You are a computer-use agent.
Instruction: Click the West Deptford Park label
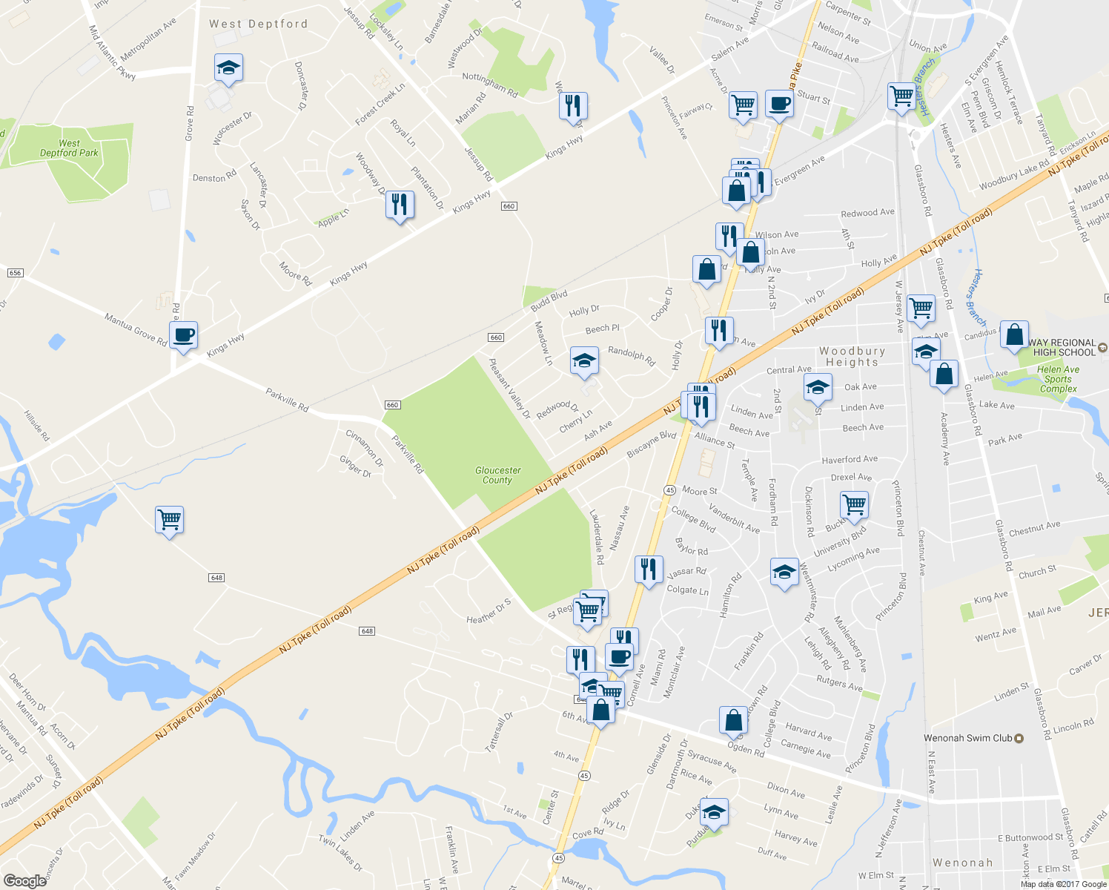point(69,148)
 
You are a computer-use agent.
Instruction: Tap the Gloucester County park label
point(497,475)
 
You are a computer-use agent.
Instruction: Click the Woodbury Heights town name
point(852,357)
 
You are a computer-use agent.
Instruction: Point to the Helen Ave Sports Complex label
point(1058,379)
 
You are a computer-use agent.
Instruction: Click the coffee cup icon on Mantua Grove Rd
point(183,335)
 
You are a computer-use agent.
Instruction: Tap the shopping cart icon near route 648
point(169,519)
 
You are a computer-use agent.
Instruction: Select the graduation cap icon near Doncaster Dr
point(228,68)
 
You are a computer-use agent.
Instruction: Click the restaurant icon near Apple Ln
point(400,204)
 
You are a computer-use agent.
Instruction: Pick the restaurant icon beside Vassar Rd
point(649,570)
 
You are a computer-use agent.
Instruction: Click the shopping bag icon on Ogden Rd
point(733,719)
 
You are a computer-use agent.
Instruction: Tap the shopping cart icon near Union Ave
point(901,96)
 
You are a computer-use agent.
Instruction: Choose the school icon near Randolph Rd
point(584,361)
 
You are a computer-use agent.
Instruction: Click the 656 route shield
point(16,273)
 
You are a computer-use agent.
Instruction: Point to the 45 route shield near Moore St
point(669,490)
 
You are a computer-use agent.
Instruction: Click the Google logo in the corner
point(24,881)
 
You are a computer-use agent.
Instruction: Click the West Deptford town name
point(258,24)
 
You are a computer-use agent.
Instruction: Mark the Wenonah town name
point(962,863)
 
